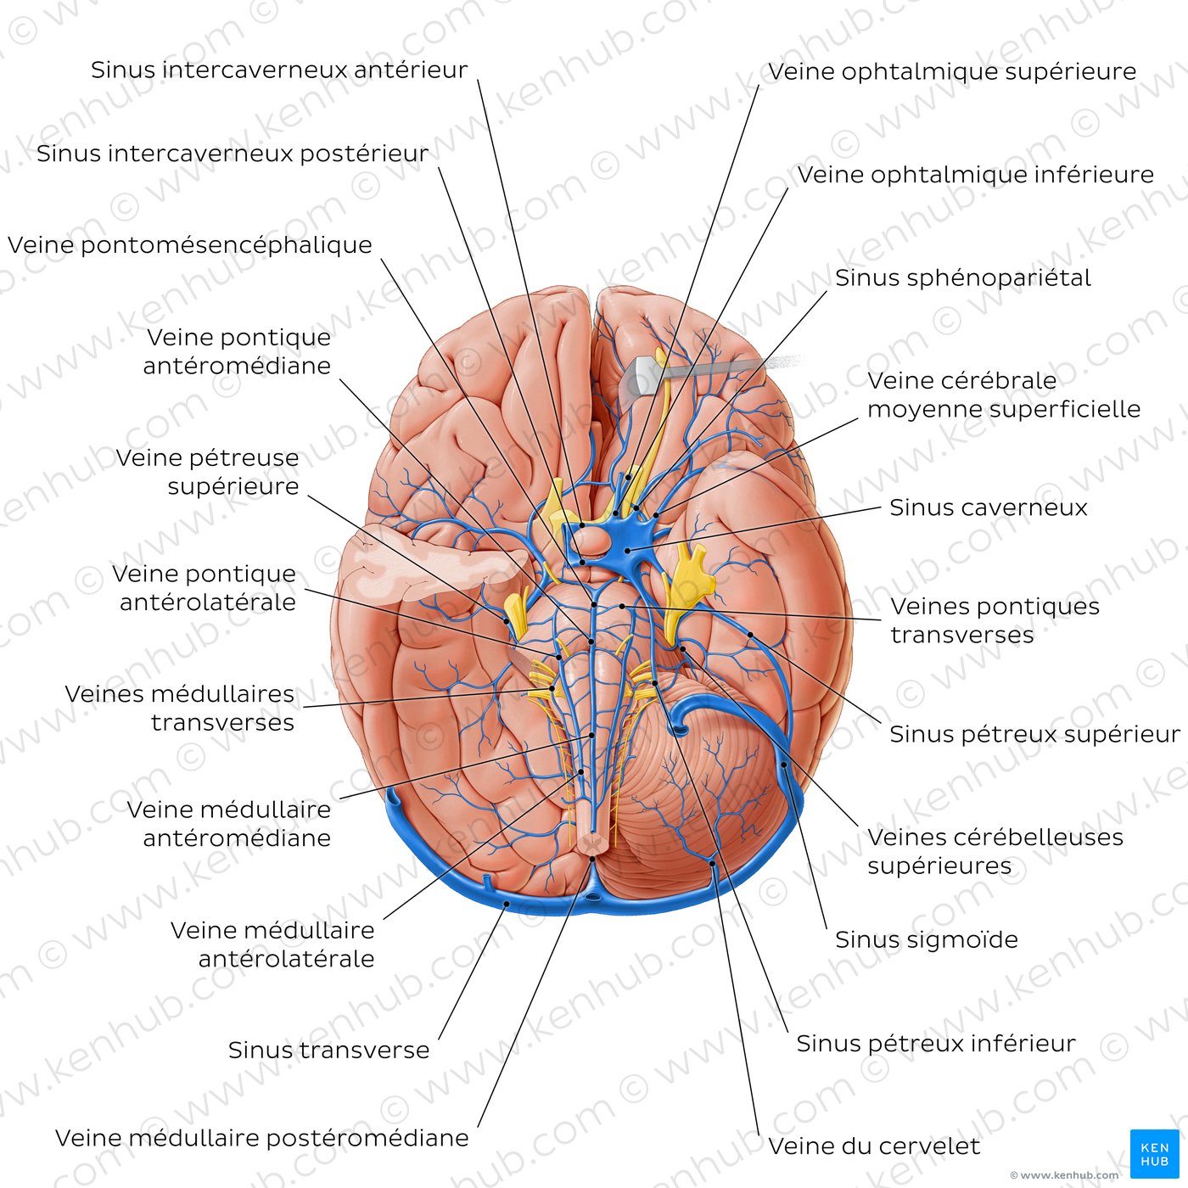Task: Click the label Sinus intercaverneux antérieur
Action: (x=279, y=70)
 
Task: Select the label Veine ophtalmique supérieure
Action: (x=952, y=72)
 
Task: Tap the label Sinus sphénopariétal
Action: (x=963, y=278)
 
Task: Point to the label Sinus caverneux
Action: (x=989, y=507)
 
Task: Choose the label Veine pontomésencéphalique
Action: (x=190, y=245)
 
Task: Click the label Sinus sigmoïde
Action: (x=927, y=939)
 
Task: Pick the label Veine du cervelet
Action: (x=874, y=1146)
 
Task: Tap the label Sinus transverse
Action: (x=328, y=1050)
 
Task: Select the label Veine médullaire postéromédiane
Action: (x=262, y=1137)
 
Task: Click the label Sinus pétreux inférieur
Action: (x=936, y=1043)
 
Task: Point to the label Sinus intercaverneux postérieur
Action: (x=233, y=154)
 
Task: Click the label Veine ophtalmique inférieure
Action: (x=975, y=175)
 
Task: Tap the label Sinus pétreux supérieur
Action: (x=1034, y=734)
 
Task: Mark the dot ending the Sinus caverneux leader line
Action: (x=627, y=550)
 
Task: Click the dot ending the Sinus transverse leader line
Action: (x=507, y=905)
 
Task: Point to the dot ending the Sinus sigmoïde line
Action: (x=784, y=765)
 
